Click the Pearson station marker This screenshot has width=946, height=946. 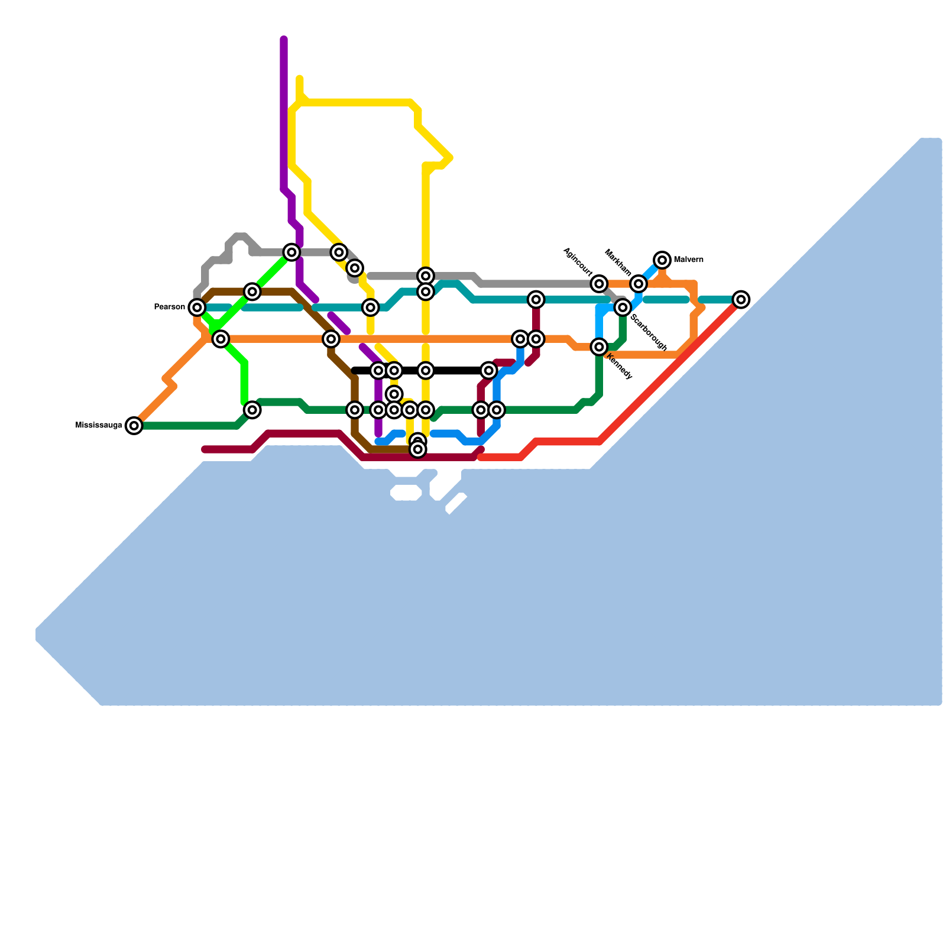[197, 307]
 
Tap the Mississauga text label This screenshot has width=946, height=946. [99, 426]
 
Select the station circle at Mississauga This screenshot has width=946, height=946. [134, 426]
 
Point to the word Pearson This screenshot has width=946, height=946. [169, 307]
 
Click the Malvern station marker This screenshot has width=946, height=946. [663, 260]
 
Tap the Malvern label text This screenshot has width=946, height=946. [688, 260]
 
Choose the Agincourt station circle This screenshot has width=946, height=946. [600, 284]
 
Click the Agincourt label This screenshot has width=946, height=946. [578, 262]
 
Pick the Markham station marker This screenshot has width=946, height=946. [638, 284]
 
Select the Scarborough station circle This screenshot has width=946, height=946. [623, 307]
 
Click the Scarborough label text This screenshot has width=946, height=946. [649, 332]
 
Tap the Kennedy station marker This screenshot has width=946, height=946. [600, 347]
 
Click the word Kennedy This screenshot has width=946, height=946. [620, 367]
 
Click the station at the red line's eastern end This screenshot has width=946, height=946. [741, 300]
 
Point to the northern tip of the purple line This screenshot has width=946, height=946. [284, 40]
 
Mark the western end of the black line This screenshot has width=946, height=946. [354, 371]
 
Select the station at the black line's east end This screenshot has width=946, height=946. [488, 371]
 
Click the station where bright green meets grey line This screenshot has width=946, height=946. [291, 252]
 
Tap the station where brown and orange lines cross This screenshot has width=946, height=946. [331, 339]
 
